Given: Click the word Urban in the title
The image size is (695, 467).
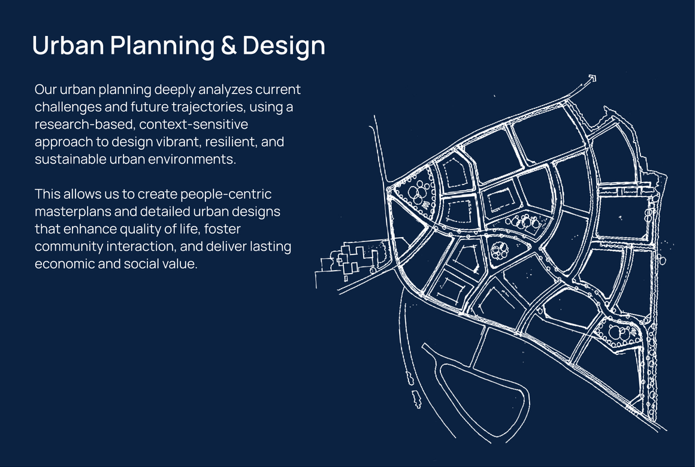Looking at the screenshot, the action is click(x=68, y=45).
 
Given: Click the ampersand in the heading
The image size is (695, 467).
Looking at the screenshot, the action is click(x=228, y=45).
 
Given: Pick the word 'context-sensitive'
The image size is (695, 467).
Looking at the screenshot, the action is click(x=194, y=124).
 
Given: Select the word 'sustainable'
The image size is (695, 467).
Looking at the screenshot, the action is click(x=71, y=159).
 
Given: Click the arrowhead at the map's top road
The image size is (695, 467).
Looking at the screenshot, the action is click(x=591, y=79).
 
